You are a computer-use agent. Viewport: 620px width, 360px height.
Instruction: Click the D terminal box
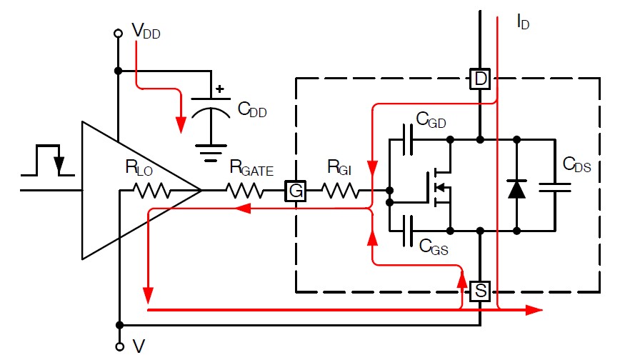pyautogui.click(x=480, y=79)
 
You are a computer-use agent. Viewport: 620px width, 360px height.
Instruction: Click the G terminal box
pyautogui.click(x=296, y=191)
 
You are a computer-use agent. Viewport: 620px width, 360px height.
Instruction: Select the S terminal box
pyautogui.click(x=480, y=291)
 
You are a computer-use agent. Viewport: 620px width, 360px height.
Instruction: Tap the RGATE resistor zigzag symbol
pyautogui.click(x=245, y=191)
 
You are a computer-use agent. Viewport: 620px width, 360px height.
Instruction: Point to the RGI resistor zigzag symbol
pyautogui.click(x=341, y=191)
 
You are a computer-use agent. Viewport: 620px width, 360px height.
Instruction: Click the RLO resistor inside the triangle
pyautogui.click(x=152, y=191)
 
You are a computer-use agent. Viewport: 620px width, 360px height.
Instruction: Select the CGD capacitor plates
pyautogui.click(x=408, y=140)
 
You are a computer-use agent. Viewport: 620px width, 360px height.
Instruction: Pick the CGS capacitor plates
pyautogui.click(x=408, y=231)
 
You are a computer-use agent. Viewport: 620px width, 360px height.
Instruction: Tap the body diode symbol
pyautogui.click(x=517, y=189)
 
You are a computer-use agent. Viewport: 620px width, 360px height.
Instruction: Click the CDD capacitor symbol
pyautogui.click(x=211, y=108)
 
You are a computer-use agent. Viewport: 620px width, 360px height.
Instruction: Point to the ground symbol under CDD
pyautogui.click(x=211, y=153)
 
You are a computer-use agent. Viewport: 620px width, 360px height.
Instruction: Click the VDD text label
pyautogui.click(x=146, y=31)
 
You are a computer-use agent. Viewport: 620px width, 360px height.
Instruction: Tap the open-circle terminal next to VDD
pyautogui.click(x=118, y=34)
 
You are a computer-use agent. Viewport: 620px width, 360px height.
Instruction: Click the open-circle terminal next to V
pyautogui.click(x=119, y=347)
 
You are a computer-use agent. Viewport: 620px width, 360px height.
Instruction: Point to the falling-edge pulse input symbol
pyautogui.click(x=48, y=160)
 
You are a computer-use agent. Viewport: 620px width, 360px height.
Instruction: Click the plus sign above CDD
pyautogui.click(x=220, y=89)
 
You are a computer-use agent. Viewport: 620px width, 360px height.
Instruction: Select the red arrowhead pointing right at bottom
pyautogui.click(x=534, y=310)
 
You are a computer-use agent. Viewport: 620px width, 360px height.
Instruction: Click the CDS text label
pyautogui.click(x=577, y=164)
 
